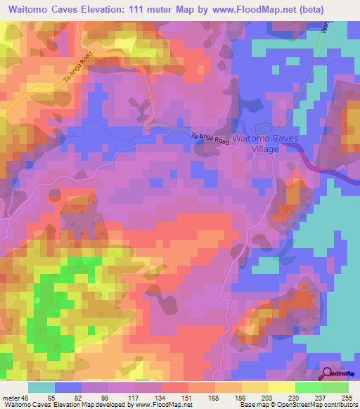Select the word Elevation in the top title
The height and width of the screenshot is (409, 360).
pos(114,10)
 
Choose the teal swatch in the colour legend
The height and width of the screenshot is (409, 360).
pos(41,387)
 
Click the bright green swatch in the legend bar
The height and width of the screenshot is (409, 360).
pos(309,387)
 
